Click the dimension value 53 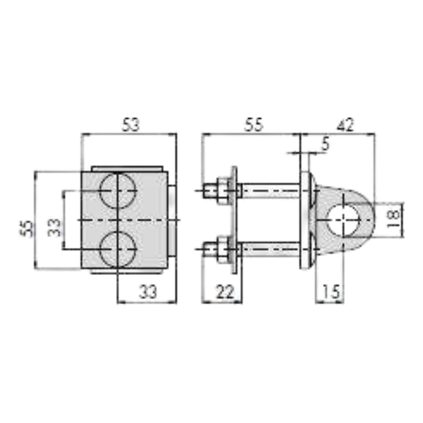point(131,125)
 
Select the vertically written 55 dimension point(26,228)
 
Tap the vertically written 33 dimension point(54,228)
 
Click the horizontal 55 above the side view point(252,125)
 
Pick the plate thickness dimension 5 point(324,145)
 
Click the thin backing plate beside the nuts point(233,220)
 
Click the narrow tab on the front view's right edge point(172,220)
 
